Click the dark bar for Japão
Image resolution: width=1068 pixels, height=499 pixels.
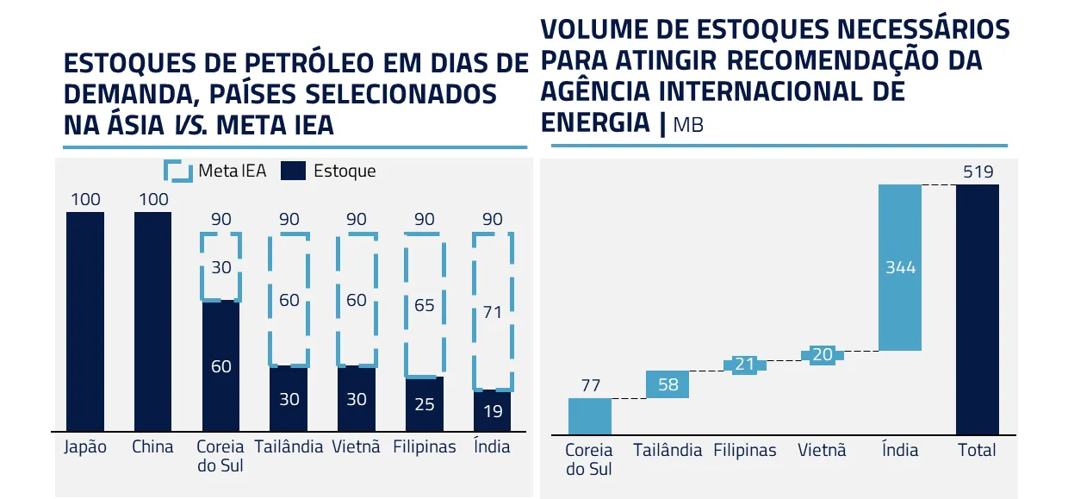[85, 321]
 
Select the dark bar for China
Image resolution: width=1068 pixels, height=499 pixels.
[152, 321]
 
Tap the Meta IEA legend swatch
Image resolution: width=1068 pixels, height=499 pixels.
[178, 171]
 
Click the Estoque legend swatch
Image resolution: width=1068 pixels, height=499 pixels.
[294, 171]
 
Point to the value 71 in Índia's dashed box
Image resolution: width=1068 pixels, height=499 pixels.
[492, 313]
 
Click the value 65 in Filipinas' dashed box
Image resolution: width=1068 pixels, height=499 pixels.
[424, 305]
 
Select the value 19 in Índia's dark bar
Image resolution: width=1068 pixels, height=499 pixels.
[492, 411]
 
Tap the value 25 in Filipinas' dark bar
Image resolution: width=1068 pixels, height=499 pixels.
[424, 403]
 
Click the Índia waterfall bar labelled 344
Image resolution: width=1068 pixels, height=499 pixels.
[900, 267]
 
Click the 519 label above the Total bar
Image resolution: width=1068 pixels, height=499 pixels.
[978, 172]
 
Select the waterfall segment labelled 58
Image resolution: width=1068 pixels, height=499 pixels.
[667, 384]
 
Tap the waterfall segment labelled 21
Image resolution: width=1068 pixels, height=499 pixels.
[745, 365]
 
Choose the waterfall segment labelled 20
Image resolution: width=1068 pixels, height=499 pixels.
[823, 355]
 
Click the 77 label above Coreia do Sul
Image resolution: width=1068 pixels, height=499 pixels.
[590, 385]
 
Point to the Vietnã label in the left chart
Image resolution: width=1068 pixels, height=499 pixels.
[356, 447]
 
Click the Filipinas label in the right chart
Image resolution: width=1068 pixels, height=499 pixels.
[745, 450]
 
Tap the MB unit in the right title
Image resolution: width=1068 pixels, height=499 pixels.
[688, 126]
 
